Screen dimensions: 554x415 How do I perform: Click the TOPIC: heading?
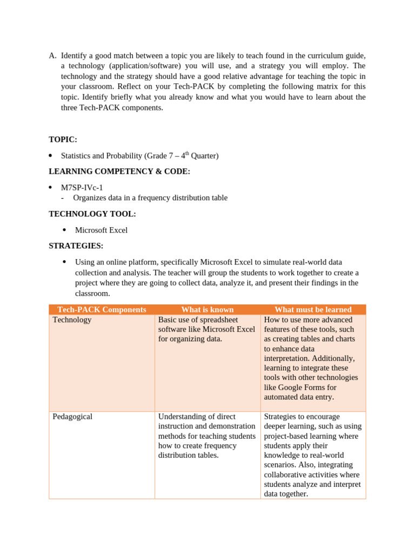(x=63, y=140)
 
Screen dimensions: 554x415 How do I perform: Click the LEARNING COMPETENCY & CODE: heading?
(x=119, y=172)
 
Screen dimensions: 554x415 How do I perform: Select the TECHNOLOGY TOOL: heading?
(x=92, y=214)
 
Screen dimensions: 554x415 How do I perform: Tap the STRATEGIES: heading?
(x=76, y=246)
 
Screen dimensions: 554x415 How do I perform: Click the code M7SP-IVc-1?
(x=82, y=188)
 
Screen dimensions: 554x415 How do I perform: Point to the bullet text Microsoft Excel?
(x=101, y=230)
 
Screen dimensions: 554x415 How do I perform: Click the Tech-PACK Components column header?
(x=102, y=309)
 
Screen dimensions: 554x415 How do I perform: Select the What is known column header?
(x=207, y=309)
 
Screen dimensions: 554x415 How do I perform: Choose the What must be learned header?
(x=313, y=309)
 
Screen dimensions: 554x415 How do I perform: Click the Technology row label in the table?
(x=72, y=320)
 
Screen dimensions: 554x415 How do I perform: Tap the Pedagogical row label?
(x=72, y=417)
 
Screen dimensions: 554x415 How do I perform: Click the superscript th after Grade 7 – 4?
(x=187, y=154)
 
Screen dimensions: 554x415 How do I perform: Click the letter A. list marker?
(x=52, y=56)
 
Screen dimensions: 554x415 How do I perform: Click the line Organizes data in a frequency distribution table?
(x=150, y=198)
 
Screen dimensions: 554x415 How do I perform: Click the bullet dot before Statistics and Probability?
(x=50, y=156)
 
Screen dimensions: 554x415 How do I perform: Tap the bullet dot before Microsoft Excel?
(x=64, y=230)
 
